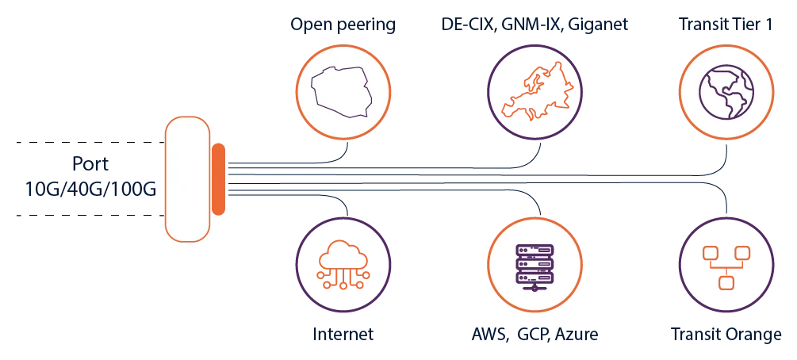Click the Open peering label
[x=343, y=25]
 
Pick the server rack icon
[x=535, y=268]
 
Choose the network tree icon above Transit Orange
[x=726, y=267]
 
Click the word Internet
[x=343, y=335]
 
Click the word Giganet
[x=598, y=25]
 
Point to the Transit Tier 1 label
[x=726, y=24]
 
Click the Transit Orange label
[x=726, y=335]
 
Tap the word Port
[x=90, y=165]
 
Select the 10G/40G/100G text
[x=90, y=190]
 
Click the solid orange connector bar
[x=218, y=179]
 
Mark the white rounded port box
[x=188, y=179]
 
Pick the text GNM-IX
[x=531, y=24]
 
